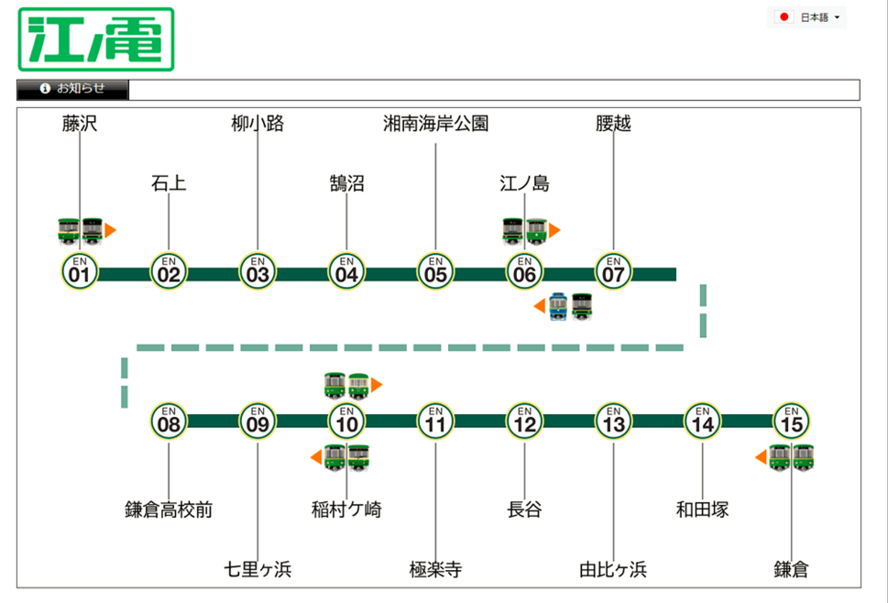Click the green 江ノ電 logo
point(96,39)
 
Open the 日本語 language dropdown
point(809,17)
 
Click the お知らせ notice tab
point(73,89)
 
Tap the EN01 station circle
point(80,272)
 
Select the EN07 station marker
point(614,272)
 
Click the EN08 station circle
point(169,422)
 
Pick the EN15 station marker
point(792,422)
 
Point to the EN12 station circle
point(524,422)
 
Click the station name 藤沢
point(80,124)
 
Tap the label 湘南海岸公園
point(435,124)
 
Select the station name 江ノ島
point(524,183)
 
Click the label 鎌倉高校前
point(169,510)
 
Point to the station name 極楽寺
point(435,569)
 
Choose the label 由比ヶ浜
point(613,569)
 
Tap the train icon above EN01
point(81,230)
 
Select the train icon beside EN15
point(792,456)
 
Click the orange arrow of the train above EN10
point(377,385)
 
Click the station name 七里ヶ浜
point(258,569)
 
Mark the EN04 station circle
point(346,272)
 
